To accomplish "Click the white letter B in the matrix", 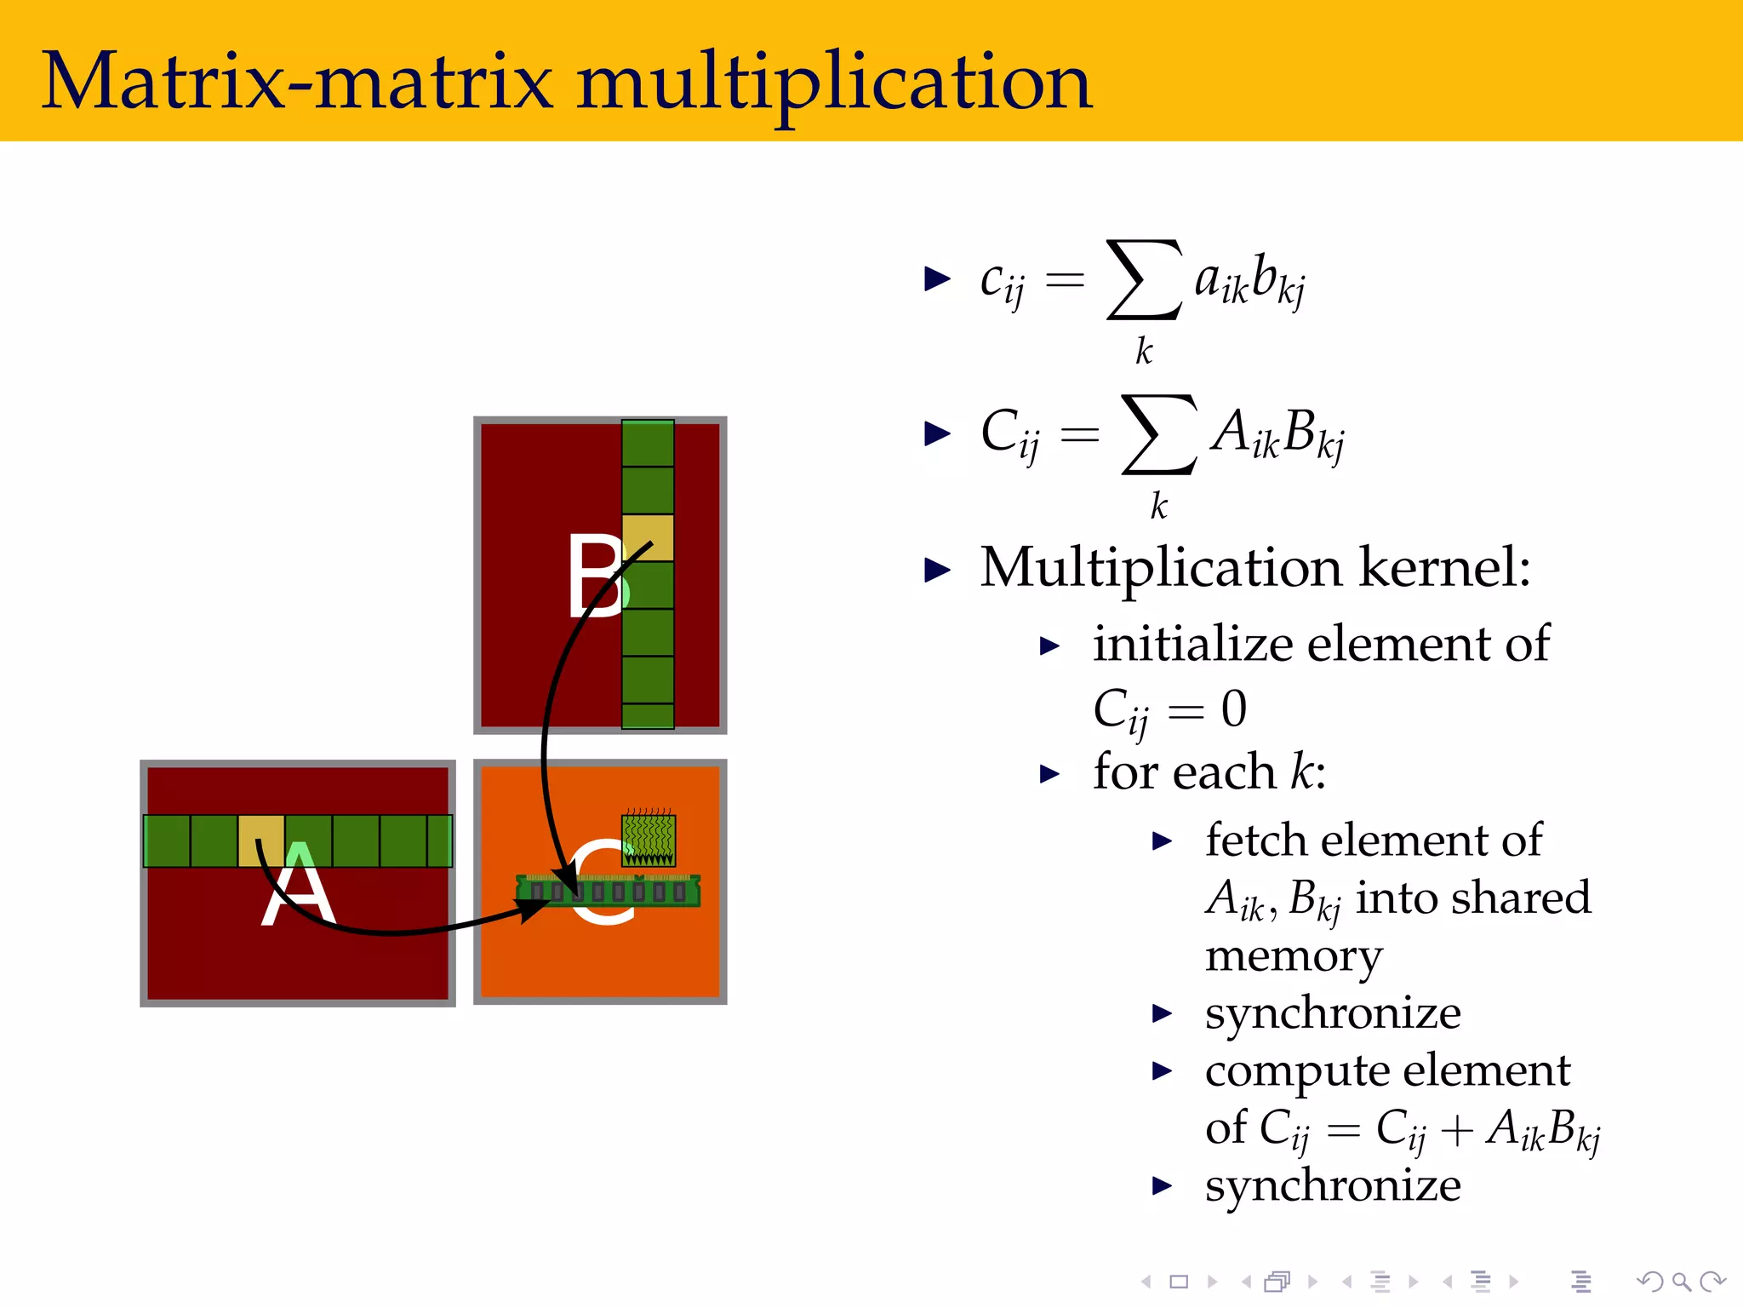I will coord(597,576).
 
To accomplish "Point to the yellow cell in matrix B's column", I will coord(649,537).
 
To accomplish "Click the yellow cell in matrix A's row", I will coord(261,840).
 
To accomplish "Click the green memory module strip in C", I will coord(608,891).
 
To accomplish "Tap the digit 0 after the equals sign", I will coord(1234,708).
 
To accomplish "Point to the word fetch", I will coord(1260,840).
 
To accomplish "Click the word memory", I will coord(1294,956).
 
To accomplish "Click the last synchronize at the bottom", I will coord(1333,1185).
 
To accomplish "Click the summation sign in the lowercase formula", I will coord(1144,280).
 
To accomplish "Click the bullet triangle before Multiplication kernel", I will coord(937,569).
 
